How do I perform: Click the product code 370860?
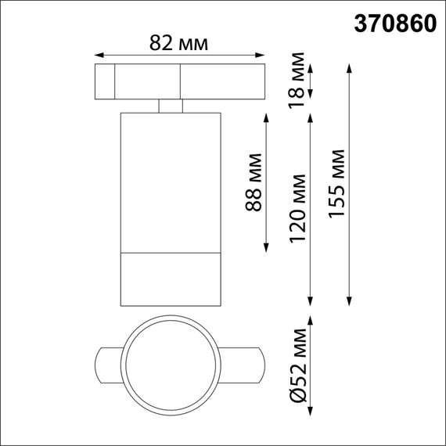coord(388,23)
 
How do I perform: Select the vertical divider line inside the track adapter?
coord(115,82)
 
